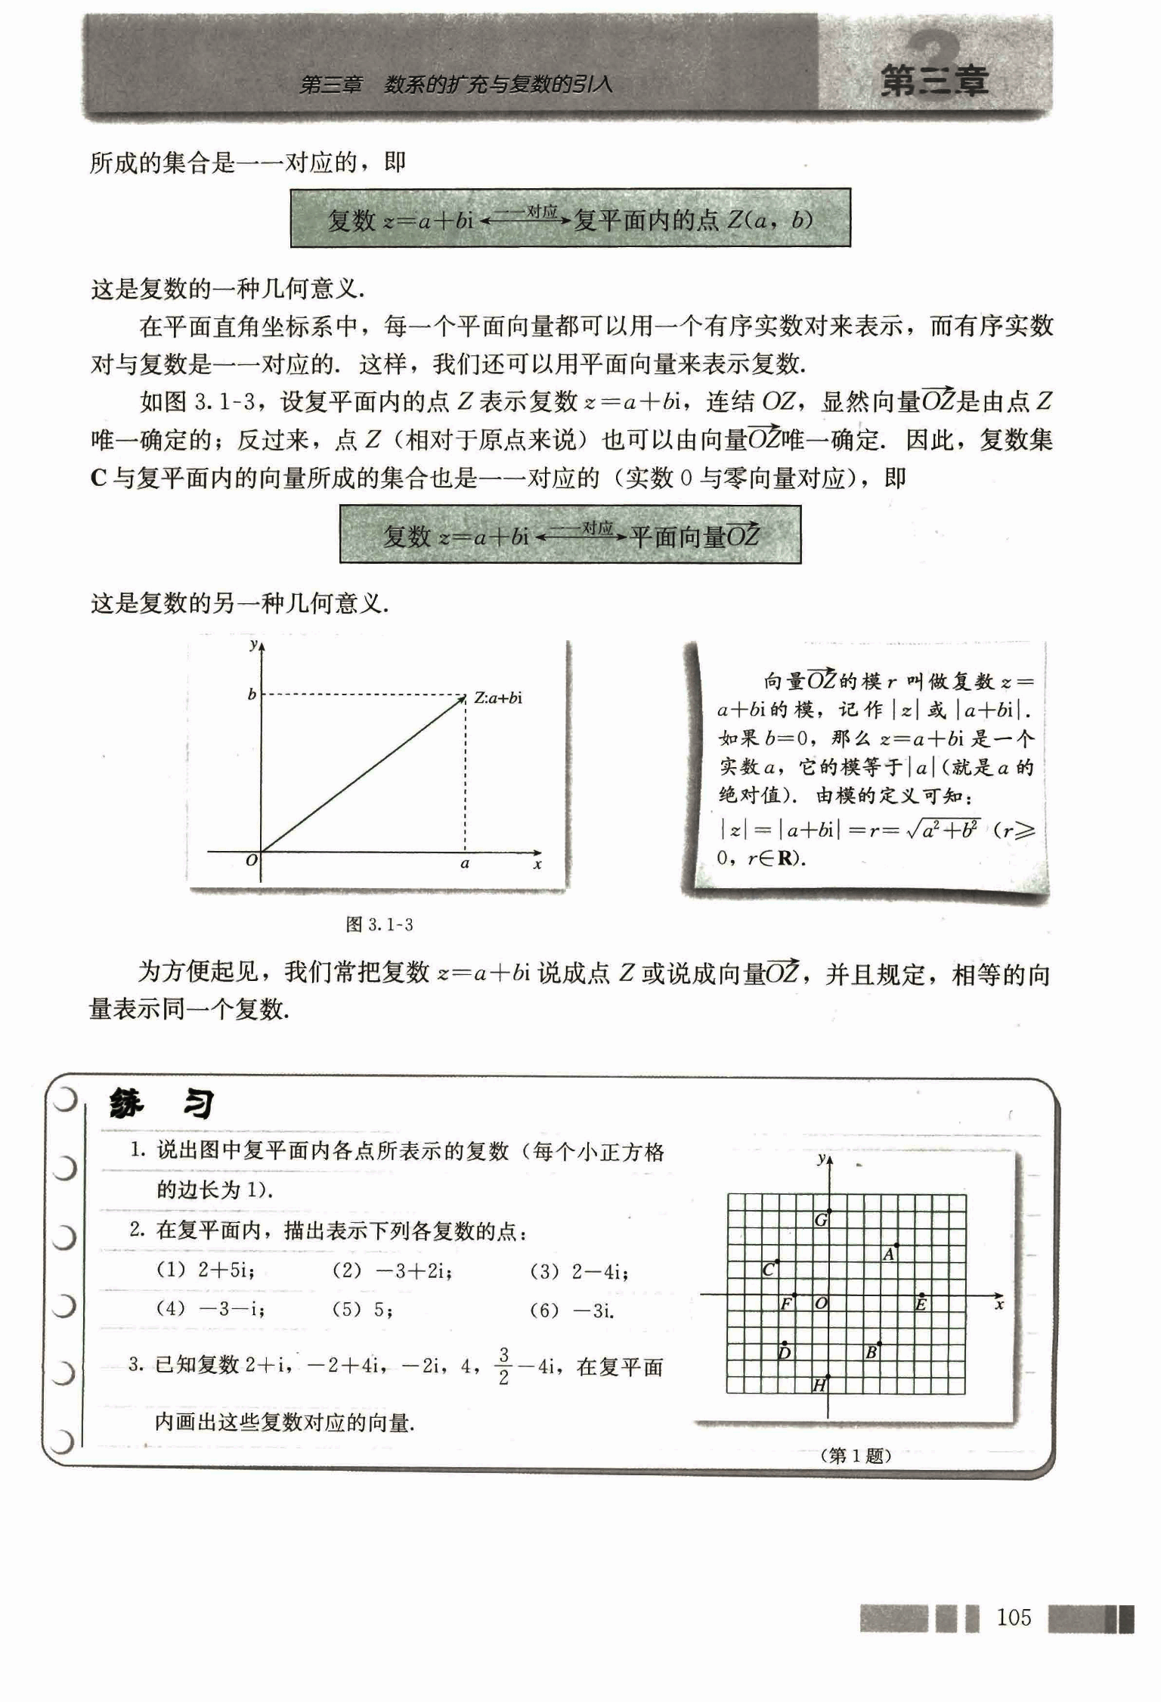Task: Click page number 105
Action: click(1014, 1617)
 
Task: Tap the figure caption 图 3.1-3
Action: click(379, 924)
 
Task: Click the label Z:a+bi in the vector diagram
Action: click(498, 698)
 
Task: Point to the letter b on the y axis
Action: click(252, 694)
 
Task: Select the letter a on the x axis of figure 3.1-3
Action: click(465, 863)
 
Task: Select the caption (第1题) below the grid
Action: click(855, 1455)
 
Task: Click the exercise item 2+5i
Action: click(225, 1270)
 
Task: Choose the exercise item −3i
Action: click(593, 1311)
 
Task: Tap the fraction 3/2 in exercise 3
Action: click(504, 1366)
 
